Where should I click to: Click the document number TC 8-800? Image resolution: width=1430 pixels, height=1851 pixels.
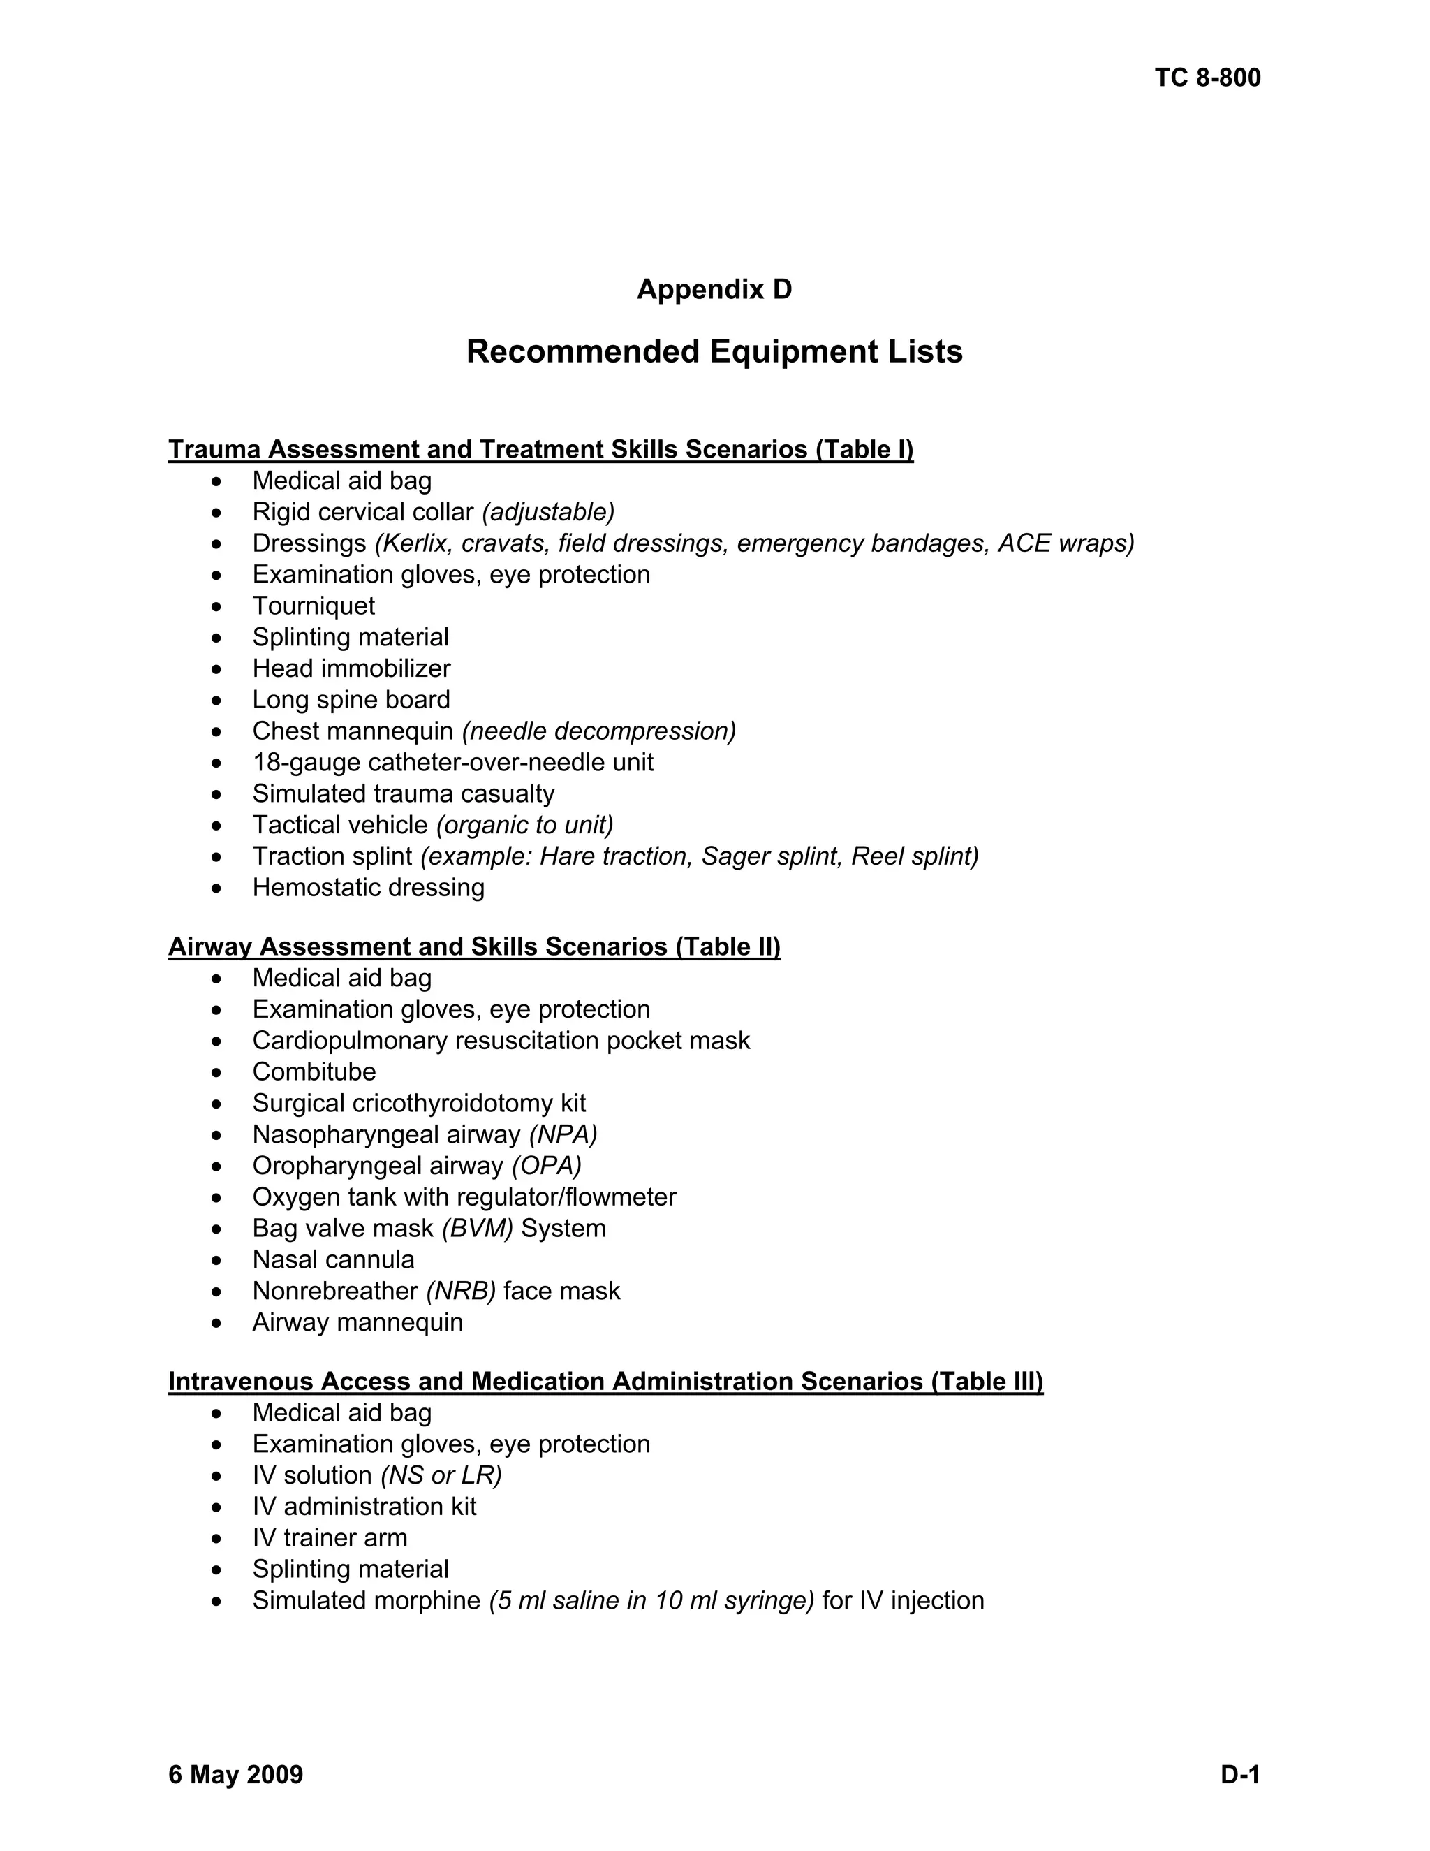(1207, 78)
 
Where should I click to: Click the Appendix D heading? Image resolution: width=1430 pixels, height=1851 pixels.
(714, 290)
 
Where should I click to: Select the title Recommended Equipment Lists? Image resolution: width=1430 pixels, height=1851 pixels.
(714, 352)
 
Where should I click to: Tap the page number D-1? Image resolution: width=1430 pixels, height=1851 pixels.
(1240, 1775)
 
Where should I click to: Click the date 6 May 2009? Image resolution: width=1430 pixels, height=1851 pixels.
(235, 1775)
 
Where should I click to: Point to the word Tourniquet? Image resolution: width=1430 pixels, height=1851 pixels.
(314, 606)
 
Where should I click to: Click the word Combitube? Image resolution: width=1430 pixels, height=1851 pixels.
(314, 1072)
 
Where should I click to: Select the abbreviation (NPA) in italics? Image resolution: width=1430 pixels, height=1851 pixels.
(563, 1135)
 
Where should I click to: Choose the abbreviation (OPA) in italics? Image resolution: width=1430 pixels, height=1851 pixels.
(547, 1166)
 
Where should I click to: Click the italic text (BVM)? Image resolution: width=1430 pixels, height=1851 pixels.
(477, 1229)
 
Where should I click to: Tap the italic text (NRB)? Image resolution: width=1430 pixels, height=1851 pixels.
(461, 1292)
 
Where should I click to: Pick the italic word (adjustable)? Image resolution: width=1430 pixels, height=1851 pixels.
(548, 513)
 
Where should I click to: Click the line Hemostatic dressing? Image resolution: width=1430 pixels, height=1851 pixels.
(368, 888)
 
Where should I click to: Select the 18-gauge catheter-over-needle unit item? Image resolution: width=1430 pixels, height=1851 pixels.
(452, 763)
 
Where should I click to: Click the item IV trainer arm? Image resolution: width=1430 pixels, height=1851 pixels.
(330, 1538)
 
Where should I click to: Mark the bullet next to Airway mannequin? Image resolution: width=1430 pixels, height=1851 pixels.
(218, 1324)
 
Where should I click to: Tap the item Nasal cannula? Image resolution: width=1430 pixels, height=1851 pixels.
(333, 1260)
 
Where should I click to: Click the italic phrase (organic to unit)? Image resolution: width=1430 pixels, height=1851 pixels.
(524, 826)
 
